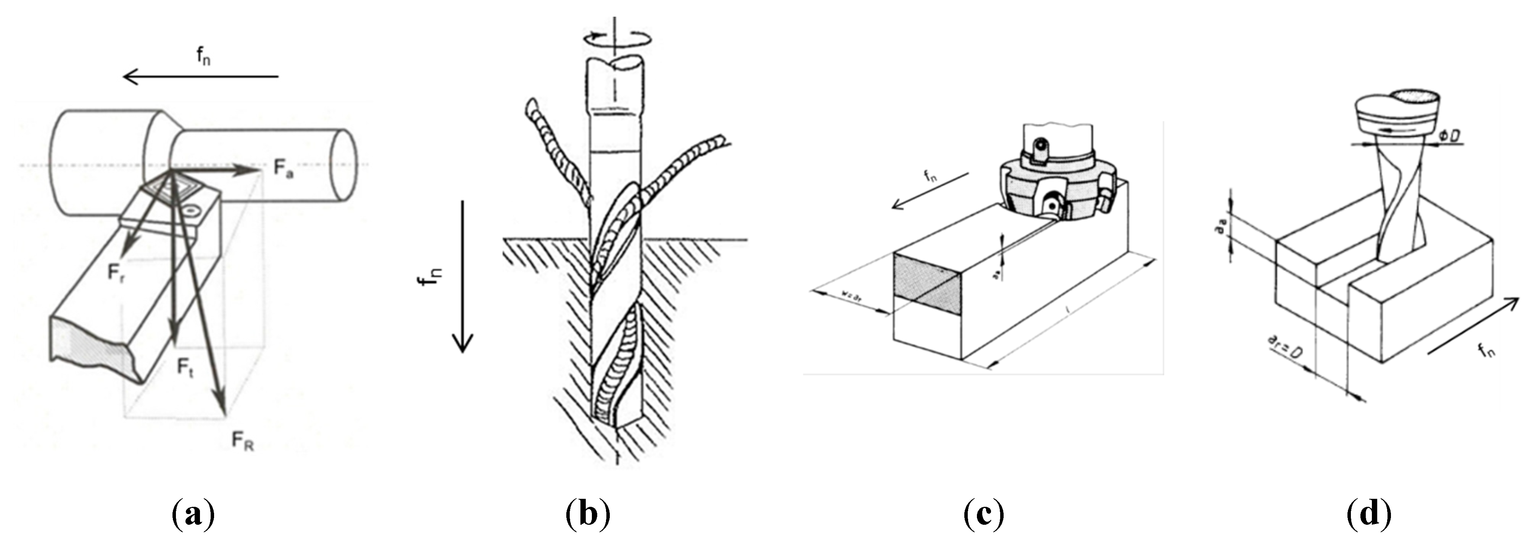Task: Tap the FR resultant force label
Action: [242, 441]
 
